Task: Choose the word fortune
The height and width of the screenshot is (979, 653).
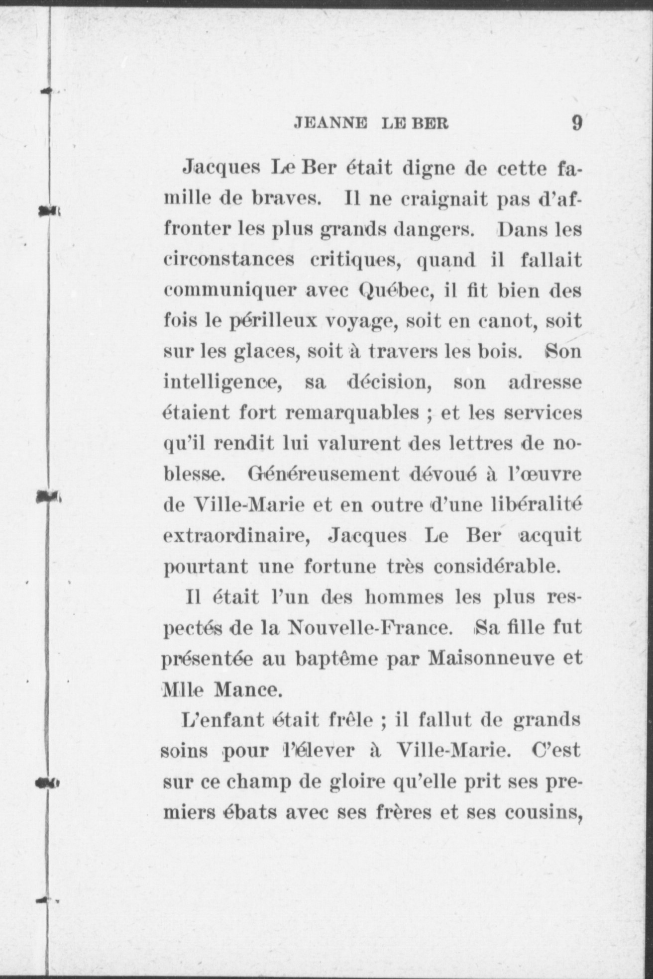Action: (x=339, y=567)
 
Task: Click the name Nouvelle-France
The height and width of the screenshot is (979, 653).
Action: (x=370, y=628)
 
